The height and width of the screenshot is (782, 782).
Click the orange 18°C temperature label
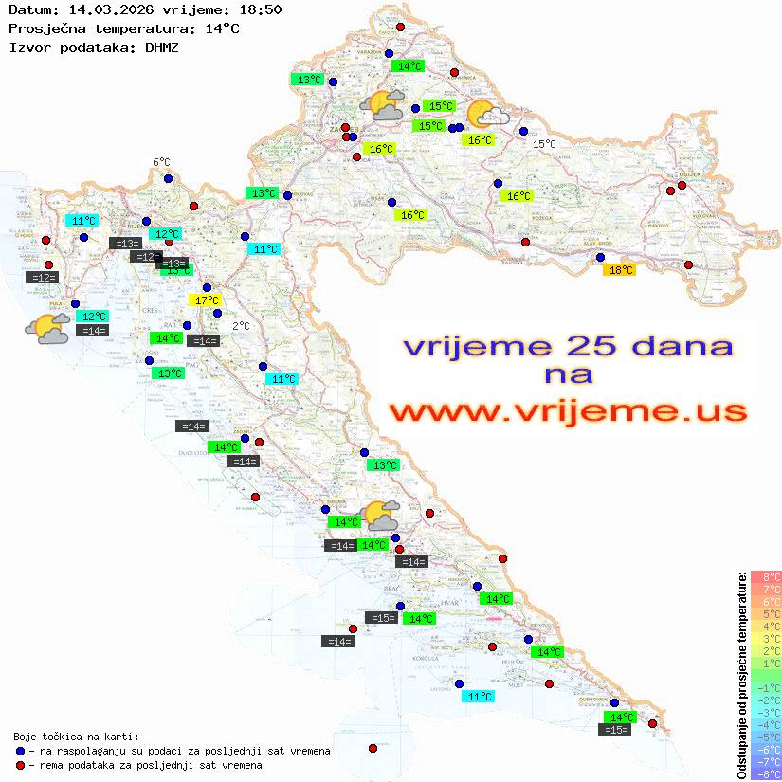(620, 270)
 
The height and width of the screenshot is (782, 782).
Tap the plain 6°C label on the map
(161, 163)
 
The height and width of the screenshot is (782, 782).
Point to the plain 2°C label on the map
(241, 326)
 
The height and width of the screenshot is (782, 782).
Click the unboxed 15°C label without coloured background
(544, 144)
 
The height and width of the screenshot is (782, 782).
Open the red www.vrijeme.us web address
(568, 411)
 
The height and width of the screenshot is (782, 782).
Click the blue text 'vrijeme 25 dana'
(568, 346)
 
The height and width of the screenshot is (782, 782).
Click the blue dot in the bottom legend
(20, 751)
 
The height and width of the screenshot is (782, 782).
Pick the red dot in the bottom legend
(20, 765)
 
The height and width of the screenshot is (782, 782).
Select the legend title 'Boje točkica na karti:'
(76, 737)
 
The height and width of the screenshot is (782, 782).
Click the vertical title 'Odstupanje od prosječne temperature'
(742, 674)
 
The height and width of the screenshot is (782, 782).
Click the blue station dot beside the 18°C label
(599, 257)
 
